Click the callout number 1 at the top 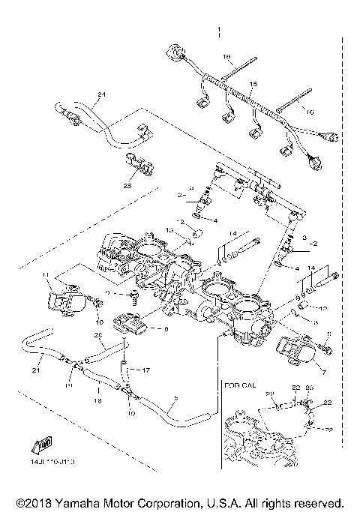pyautogui.click(x=219, y=31)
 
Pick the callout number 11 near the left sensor pyautogui.click(x=45, y=275)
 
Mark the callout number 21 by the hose pyautogui.click(x=36, y=370)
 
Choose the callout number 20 pyautogui.click(x=96, y=335)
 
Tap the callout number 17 pyautogui.click(x=145, y=370)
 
